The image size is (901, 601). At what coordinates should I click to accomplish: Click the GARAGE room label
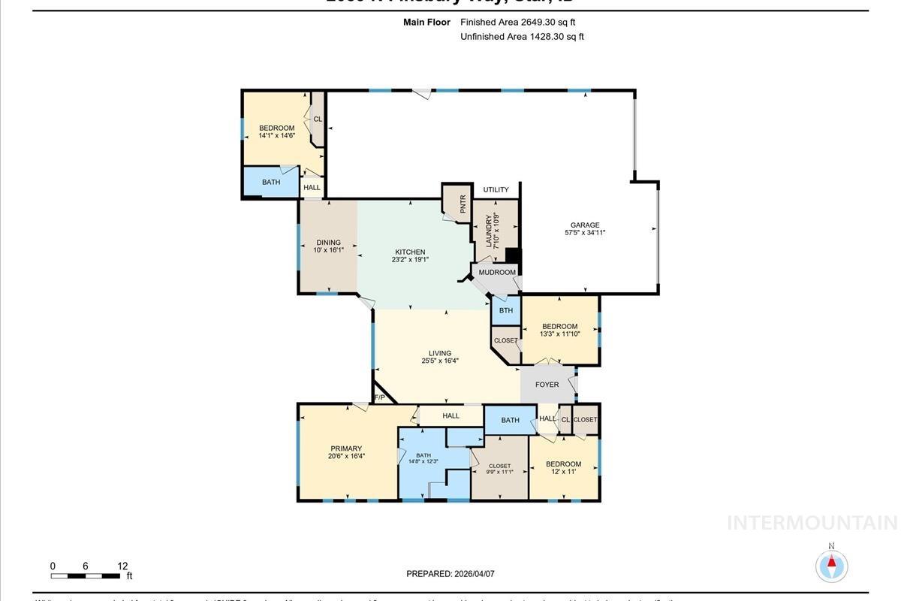(x=585, y=225)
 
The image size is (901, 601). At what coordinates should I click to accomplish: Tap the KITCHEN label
(x=410, y=252)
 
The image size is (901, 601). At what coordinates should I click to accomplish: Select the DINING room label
(x=328, y=243)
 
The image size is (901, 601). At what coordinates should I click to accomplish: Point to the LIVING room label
(x=440, y=353)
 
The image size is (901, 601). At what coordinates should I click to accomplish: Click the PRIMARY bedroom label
(x=346, y=448)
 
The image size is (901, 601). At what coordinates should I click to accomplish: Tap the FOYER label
(x=547, y=385)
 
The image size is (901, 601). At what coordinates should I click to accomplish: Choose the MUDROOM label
(x=497, y=272)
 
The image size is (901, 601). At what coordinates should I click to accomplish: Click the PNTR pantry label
(x=463, y=204)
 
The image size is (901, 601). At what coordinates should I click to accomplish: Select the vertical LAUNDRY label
(x=489, y=231)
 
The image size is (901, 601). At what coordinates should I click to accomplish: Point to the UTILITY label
(x=496, y=189)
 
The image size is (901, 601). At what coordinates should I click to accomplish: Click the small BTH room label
(x=506, y=310)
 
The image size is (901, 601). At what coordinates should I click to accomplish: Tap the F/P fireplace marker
(x=379, y=397)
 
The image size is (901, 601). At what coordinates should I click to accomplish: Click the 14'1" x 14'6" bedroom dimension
(x=276, y=135)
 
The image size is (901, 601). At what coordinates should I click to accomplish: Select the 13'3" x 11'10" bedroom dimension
(x=560, y=334)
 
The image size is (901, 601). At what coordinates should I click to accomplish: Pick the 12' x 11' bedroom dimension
(x=563, y=472)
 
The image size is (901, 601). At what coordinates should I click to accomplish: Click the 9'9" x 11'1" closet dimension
(x=499, y=472)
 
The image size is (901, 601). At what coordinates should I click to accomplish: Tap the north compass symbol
(x=831, y=565)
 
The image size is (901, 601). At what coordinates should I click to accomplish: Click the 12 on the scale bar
(x=122, y=566)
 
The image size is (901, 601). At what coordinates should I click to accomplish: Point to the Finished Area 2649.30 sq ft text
(x=517, y=23)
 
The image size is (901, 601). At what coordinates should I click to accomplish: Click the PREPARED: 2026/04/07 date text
(x=450, y=574)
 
